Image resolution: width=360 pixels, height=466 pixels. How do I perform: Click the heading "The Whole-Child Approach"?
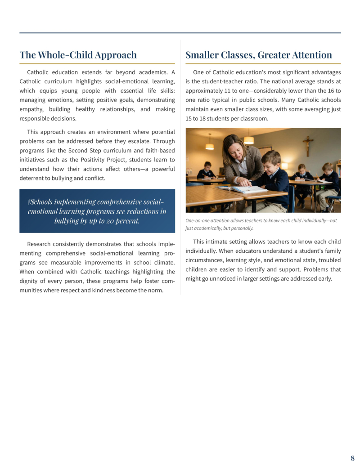(78, 55)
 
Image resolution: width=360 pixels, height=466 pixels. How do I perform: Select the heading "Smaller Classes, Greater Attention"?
(259, 55)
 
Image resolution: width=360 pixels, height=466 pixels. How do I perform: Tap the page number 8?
(352, 458)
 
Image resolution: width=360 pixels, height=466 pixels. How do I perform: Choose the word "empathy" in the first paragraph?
(31, 109)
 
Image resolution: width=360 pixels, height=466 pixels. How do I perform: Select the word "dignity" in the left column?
(30, 281)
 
